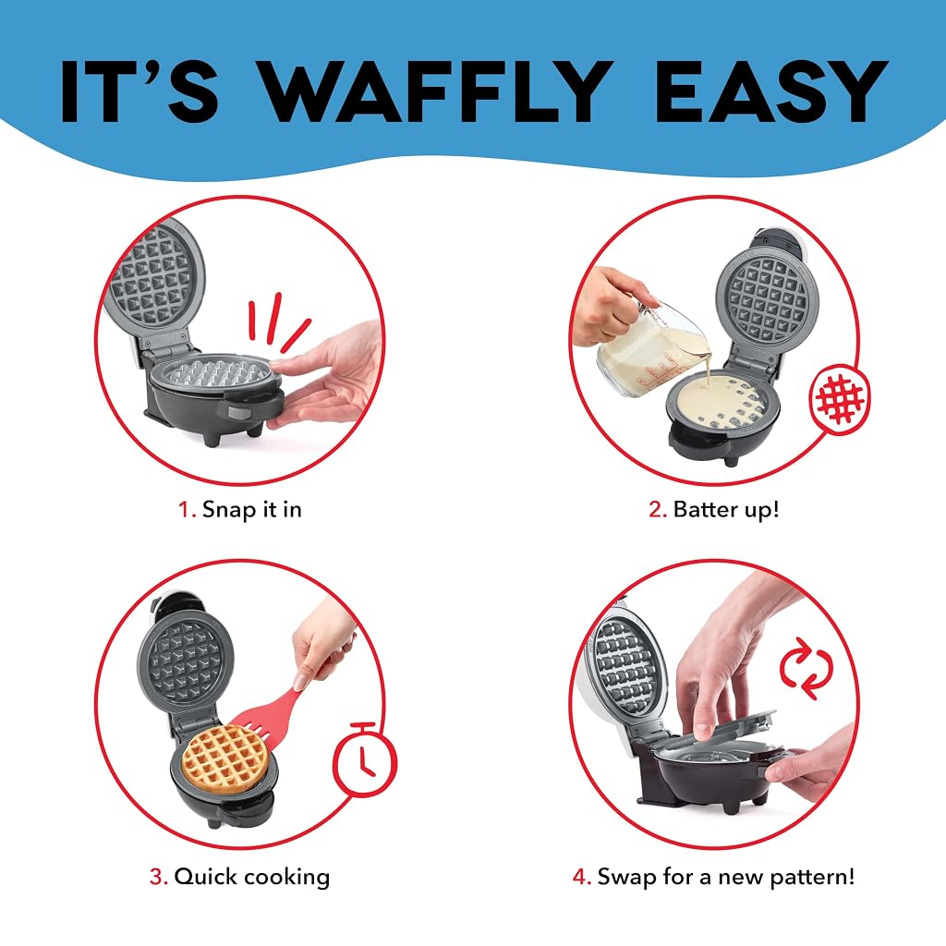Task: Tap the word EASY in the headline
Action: (771, 91)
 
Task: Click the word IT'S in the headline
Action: (139, 91)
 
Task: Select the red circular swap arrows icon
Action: (806, 669)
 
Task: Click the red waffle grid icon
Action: (839, 399)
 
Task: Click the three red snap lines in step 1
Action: (278, 322)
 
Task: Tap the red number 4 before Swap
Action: (582, 877)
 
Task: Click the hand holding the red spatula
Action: (322, 643)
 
